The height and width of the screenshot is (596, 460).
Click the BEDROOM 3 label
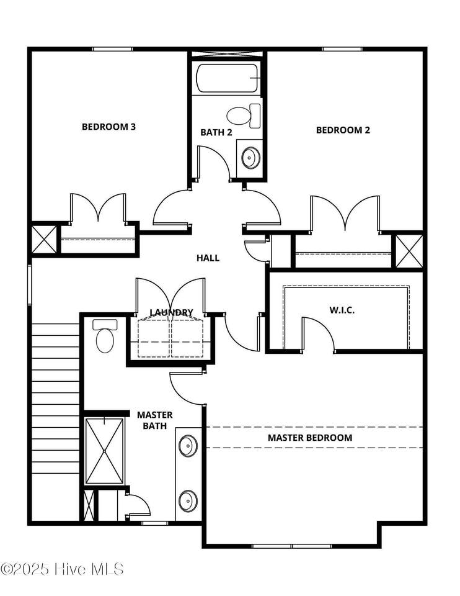108,127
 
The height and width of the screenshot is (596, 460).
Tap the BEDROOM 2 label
343,130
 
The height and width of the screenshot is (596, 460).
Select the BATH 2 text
216,132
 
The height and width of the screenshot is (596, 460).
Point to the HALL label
208,258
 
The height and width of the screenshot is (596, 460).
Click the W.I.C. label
342,310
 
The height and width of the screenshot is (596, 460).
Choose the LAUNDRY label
172,312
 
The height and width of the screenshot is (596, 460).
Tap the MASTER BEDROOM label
310,438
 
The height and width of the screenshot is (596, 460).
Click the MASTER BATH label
155,420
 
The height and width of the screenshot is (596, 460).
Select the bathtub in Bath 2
227,78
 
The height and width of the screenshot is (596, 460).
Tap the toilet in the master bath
105,336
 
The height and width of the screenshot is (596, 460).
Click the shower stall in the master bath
104,451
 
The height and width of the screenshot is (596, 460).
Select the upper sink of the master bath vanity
188,446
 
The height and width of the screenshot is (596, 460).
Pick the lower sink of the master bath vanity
188,500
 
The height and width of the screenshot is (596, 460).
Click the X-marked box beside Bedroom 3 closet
44,240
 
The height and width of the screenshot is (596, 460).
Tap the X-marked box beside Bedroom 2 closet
409,251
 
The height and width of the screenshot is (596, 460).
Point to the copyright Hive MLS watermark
63,569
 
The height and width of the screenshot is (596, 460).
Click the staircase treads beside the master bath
55,399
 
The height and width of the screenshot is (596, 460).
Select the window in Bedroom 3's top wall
113,49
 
